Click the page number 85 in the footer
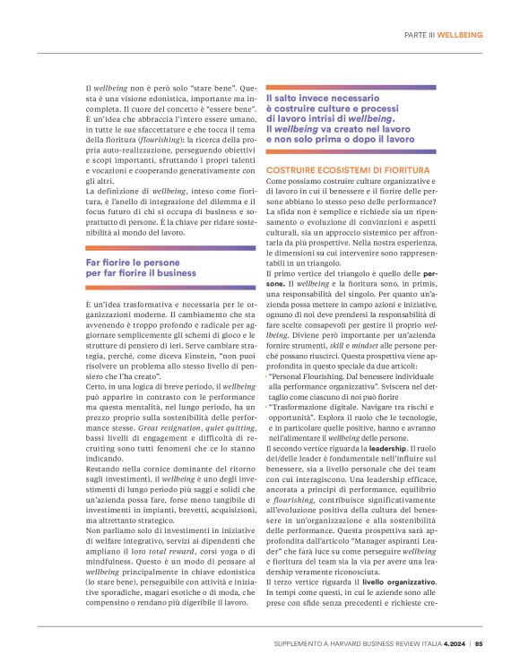pos(479,642)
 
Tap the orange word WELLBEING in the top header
pos(459,34)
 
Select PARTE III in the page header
pos(418,34)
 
